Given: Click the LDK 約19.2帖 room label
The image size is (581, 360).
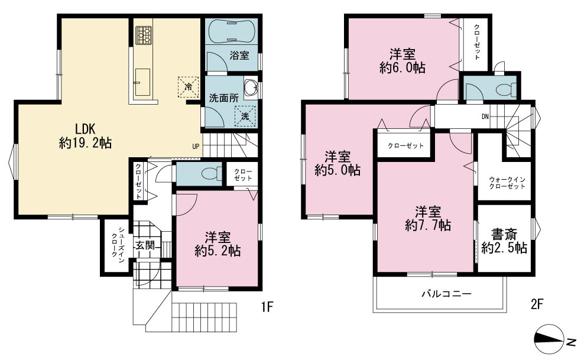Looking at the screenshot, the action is click(85, 136).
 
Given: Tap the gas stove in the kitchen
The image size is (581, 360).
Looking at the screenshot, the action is click(144, 35).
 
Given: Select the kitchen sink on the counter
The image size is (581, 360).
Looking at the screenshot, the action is click(142, 82).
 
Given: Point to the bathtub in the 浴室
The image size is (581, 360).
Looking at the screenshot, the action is click(231, 31).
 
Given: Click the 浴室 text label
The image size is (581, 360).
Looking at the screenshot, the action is click(239, 56).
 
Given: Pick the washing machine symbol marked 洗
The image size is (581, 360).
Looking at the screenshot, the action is click(245, 115).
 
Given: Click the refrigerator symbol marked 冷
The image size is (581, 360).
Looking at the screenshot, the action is click(188, 87).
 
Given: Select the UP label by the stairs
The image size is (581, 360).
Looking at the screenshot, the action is click(196, 146).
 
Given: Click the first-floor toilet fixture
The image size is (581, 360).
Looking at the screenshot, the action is click(212, 174).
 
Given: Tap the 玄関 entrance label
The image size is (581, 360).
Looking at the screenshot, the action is click(145, 245).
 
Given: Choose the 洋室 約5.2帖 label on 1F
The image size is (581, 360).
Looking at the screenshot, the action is click(218, 244).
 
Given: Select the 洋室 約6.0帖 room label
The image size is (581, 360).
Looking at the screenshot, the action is click(403, 61).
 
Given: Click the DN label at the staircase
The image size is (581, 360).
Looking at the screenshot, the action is click(485, 117).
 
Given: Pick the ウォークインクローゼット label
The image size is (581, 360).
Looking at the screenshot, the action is click(507, 183).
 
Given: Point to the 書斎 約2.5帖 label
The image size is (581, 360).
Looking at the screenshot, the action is click(504, 241).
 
